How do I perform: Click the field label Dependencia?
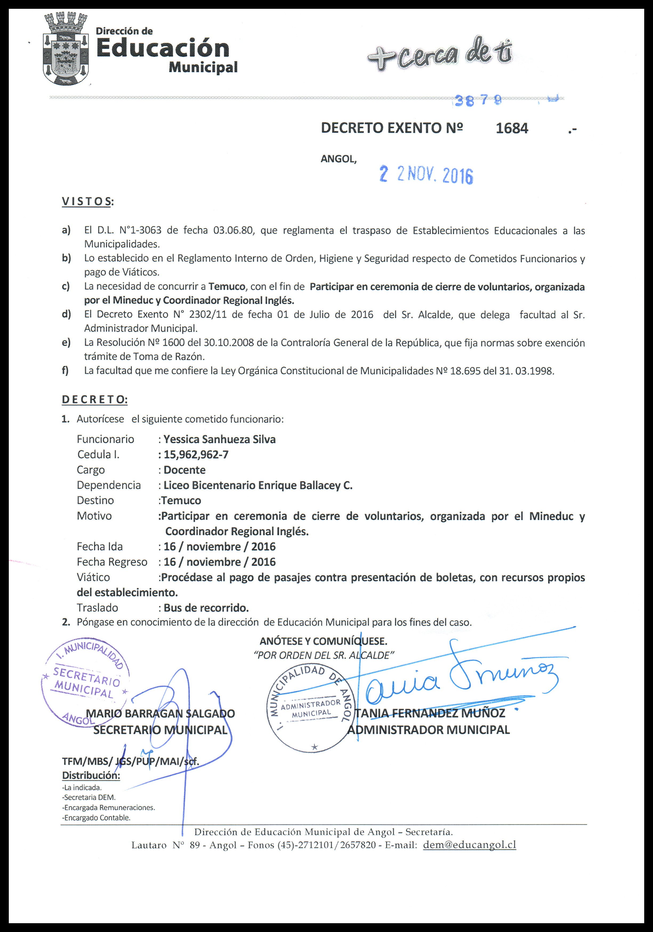point(109,485)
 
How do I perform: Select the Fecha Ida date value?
point(219,546)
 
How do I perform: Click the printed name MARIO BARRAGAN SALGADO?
point(161,714)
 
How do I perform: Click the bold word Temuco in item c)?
point(227,287)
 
